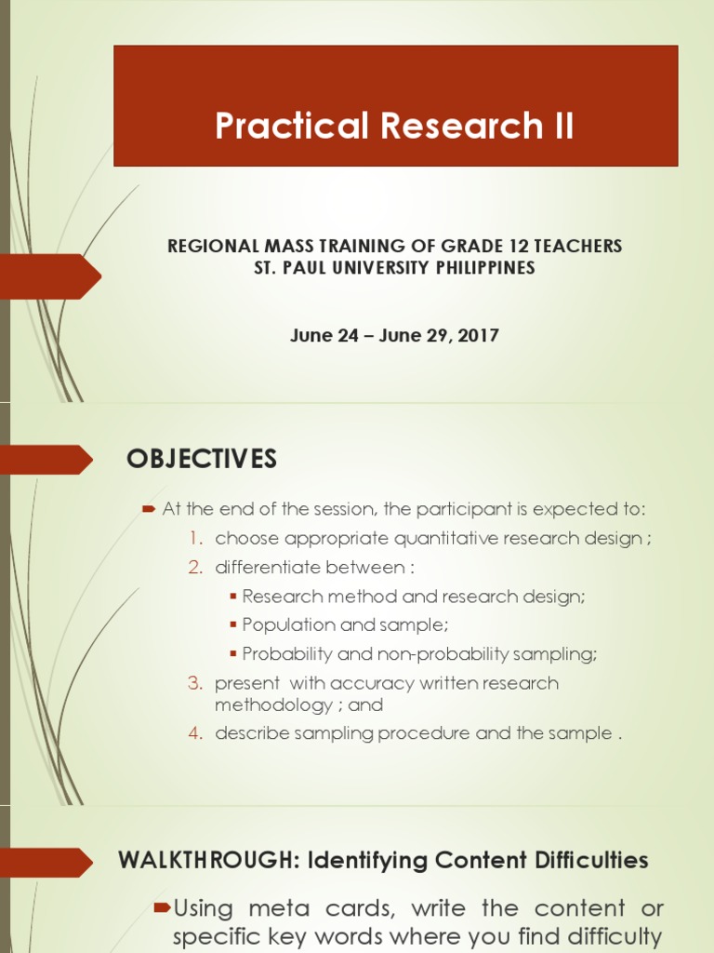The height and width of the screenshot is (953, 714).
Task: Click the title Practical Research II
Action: pyautogui.click(x=394, y=126)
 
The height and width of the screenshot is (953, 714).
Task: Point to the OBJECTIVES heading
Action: pyautogui.click(x=201, y=459)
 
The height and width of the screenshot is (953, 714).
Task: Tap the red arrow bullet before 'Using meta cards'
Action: pyautogui.click(x=162, y=907)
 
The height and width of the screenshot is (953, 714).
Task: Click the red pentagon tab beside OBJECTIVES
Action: pyautogui.click(x=46, y=460)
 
